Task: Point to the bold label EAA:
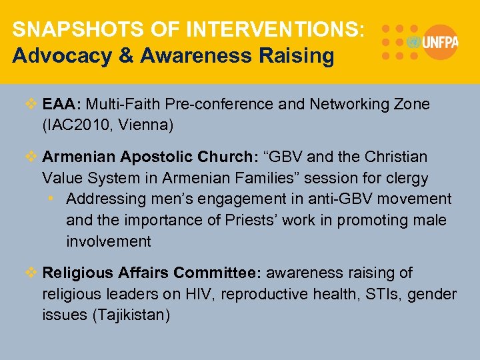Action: click(62, 105)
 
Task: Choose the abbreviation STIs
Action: click(379, 294)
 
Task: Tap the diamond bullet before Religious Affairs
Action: click(31, 273)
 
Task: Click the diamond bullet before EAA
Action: click(31, 105)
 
